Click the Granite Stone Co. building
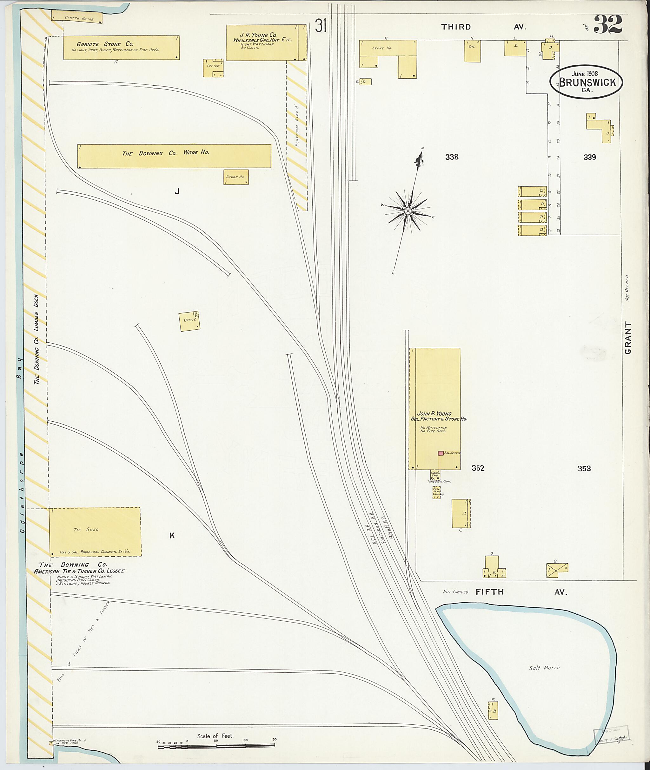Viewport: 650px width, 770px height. click(121, 48)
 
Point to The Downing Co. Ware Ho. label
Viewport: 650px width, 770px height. click(165, 153)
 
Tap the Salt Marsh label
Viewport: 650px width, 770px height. click(544, 668)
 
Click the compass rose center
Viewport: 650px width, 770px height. click(408, 211)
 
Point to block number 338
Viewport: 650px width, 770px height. click(452, 157)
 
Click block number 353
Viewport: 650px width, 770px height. click(584, 469)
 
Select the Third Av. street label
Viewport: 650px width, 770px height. click(484, 27)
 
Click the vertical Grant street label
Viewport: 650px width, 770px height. click(628, 338)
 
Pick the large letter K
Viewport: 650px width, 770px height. click(172, 536)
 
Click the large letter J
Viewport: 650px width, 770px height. click(177, 191)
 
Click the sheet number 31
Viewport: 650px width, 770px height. click(321, 26)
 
